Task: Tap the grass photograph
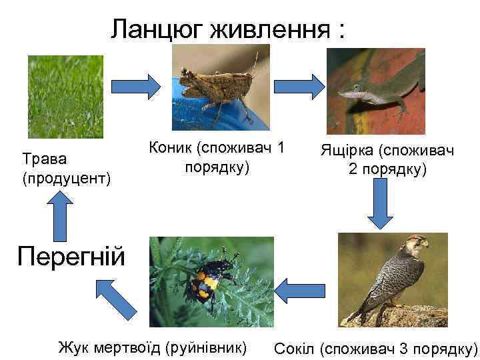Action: pos(65,96)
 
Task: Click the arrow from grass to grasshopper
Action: pos(135,85)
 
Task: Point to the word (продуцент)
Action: pos(66,179)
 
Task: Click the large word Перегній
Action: pos(71,255)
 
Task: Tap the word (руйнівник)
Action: pos(207,347)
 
